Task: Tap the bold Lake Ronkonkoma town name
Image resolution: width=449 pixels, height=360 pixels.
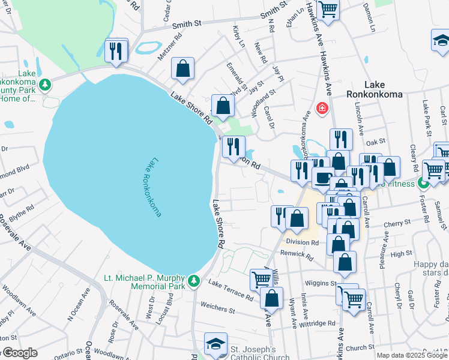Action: point(373,89)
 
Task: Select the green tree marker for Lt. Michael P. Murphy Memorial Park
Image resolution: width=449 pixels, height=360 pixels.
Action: point(193,280)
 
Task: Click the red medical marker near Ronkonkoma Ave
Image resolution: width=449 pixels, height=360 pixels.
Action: point(322,109)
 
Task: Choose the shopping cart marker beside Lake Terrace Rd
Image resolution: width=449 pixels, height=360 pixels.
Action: point(262,279)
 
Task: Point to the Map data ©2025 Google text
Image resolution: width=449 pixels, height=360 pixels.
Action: point(412,355)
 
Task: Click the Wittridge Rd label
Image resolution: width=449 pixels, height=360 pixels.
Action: point(320,323)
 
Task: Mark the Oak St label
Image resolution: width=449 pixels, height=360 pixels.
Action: point(375,142)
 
